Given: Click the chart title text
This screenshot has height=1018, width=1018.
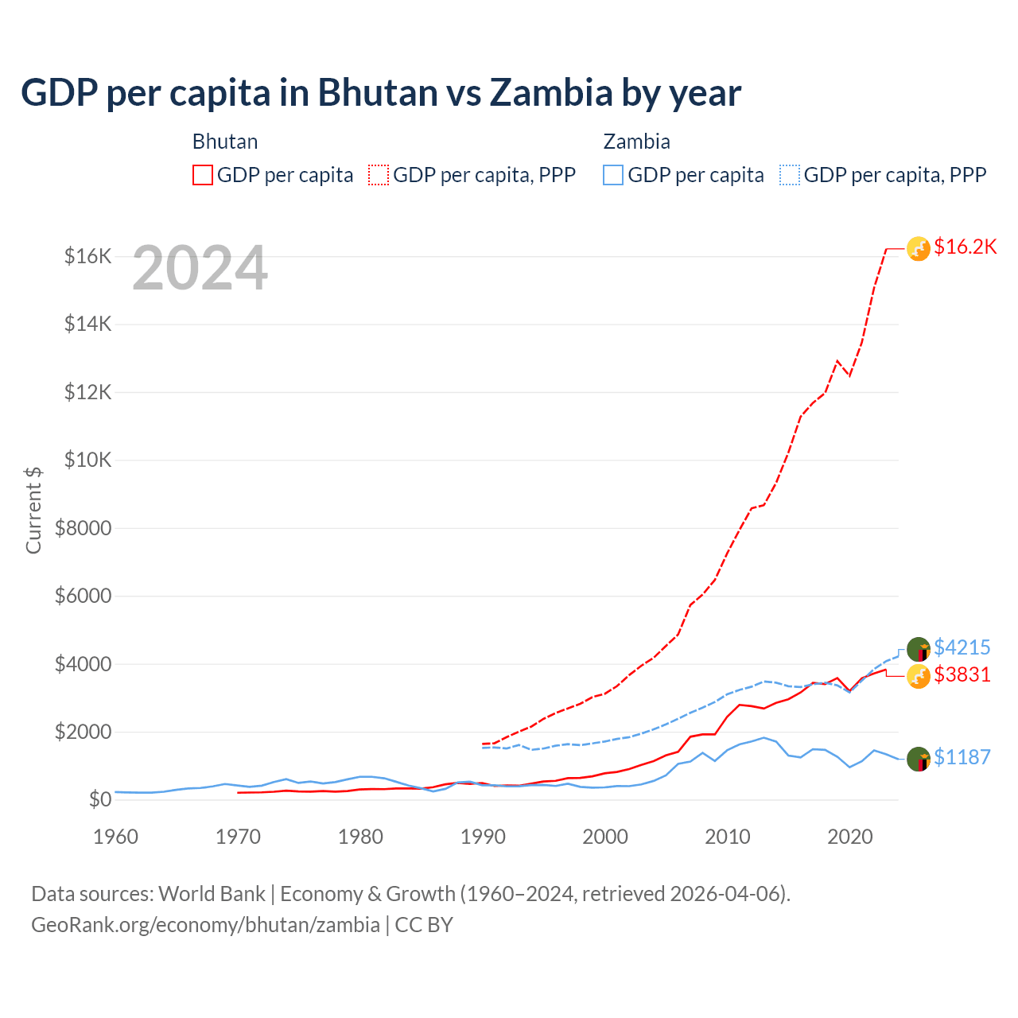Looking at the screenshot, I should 381,93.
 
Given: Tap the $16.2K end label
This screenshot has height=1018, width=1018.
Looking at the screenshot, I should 965,247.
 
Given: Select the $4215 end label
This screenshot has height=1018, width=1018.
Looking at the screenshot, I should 962,647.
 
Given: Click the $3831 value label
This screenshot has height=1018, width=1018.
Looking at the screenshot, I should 962,675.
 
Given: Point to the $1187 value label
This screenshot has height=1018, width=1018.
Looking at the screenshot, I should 962,757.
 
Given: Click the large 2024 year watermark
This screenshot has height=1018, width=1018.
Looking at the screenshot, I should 200,268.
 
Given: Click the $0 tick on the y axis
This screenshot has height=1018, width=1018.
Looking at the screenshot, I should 99,799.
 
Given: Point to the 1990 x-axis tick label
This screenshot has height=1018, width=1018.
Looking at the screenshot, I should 483,837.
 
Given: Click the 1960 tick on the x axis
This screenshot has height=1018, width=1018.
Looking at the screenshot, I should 116,837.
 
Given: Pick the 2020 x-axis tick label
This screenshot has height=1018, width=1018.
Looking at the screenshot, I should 850,837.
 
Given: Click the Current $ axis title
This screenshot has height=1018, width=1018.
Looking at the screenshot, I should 33,510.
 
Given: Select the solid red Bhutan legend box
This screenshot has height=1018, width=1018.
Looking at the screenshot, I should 203,175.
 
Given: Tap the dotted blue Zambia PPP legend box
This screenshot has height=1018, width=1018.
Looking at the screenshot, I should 790,175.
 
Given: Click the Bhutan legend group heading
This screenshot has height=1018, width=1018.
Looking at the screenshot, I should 225,142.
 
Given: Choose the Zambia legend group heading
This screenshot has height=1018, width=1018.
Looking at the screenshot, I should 636,142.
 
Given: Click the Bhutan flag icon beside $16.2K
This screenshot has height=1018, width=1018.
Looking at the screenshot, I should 919,249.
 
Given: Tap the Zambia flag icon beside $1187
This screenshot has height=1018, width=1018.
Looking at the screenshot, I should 919,760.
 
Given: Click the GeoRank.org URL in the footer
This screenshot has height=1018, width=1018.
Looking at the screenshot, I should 205,925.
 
